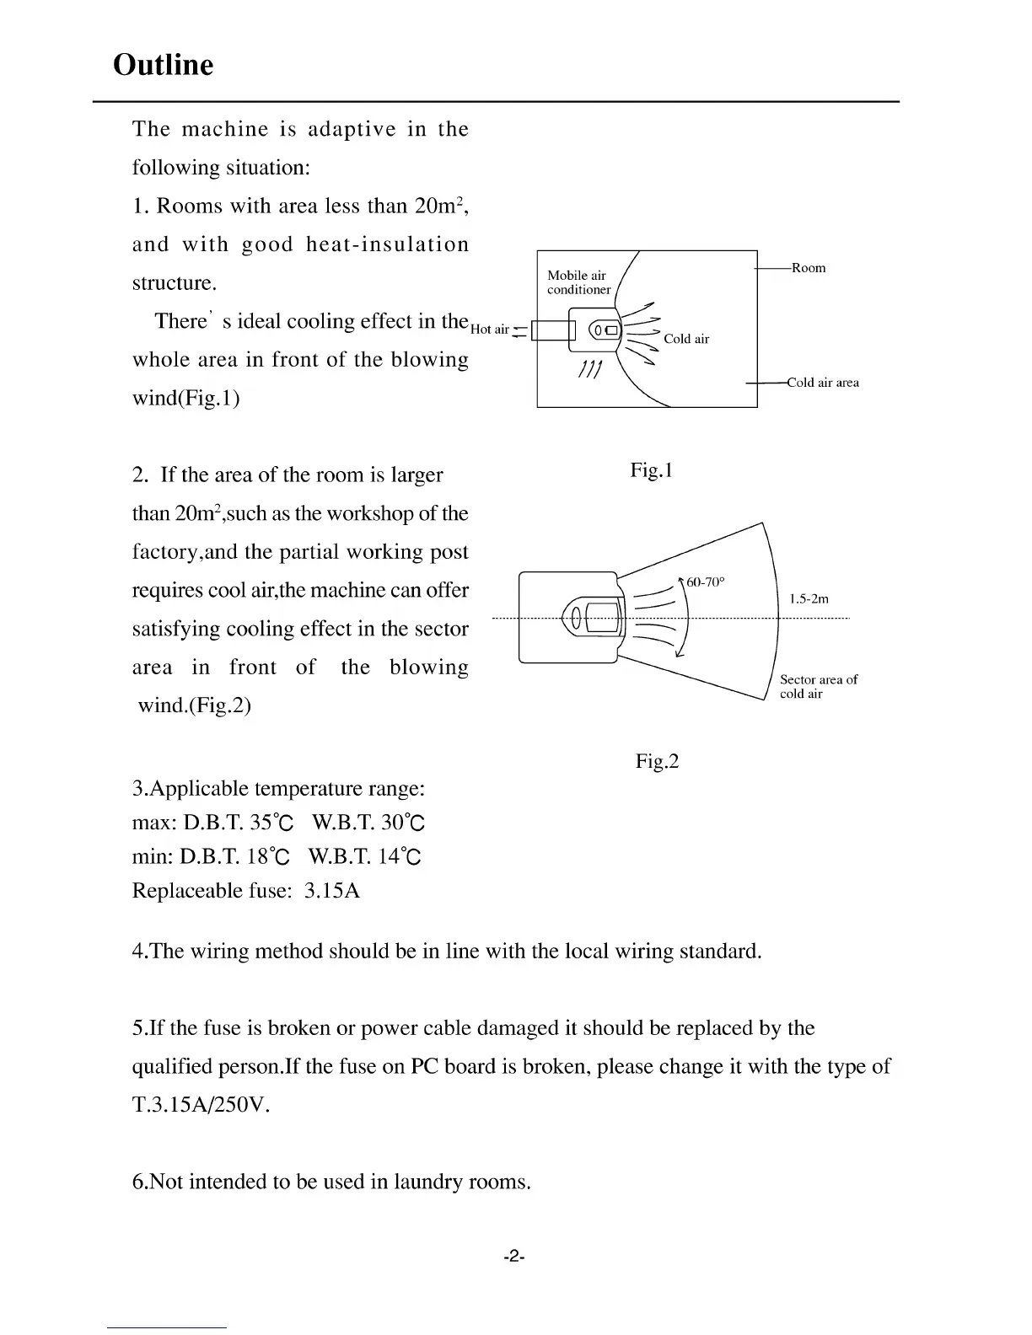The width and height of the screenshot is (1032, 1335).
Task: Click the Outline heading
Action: point(163,65)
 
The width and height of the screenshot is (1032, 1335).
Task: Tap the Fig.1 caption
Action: point(651,470)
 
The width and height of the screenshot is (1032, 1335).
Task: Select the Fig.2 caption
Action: point(657,762)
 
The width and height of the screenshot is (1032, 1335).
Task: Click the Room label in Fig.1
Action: point(809,268)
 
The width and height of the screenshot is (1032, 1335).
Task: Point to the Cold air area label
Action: point(823,383)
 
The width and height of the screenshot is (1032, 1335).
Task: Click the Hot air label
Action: point(490,329)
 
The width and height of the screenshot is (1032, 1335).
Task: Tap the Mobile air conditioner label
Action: point(578,282)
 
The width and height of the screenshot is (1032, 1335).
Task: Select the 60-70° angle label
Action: point(706,582)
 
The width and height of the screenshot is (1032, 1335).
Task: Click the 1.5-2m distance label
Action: point(809,599)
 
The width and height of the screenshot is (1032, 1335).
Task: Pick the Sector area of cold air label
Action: point(818,687)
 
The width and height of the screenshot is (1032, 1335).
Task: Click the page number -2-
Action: point(514,1257)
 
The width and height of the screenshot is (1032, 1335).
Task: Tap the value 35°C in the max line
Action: point(271,823)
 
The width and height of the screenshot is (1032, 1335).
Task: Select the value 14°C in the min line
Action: point(400,857)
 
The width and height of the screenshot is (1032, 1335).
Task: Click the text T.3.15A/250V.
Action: point(201,1105)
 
